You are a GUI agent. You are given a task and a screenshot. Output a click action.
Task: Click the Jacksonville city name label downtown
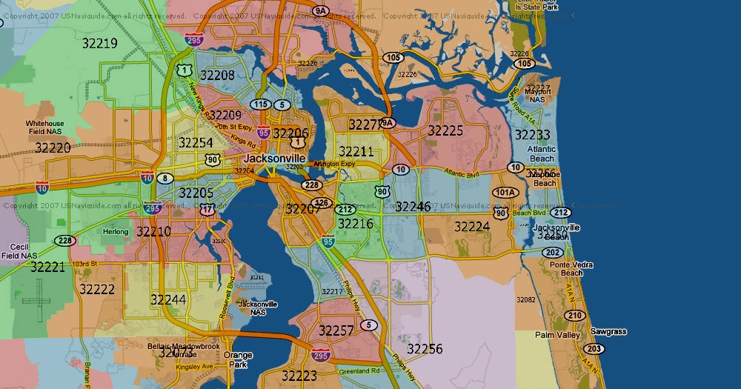(274, 159)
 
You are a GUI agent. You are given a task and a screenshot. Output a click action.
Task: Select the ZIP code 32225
(445, 130)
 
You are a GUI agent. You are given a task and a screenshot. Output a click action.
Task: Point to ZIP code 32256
(425, 348)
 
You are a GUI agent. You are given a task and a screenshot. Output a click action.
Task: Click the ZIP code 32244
(168, 299)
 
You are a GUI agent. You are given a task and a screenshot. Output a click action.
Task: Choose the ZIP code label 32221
(47, 267)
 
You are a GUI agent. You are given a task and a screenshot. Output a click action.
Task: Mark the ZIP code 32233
(532, 134)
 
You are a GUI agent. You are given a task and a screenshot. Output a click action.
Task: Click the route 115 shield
(260, 104)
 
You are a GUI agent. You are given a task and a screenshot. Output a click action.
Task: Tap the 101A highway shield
(505, 193)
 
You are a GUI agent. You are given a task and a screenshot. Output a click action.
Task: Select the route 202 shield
(552, 252)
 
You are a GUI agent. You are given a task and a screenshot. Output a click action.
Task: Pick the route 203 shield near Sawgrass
(594, 349)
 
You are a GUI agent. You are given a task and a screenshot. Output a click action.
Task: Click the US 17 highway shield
(207, 210)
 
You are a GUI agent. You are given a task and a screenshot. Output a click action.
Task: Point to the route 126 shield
(322, 202)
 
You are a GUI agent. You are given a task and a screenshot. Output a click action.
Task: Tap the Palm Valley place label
(556, 335)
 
